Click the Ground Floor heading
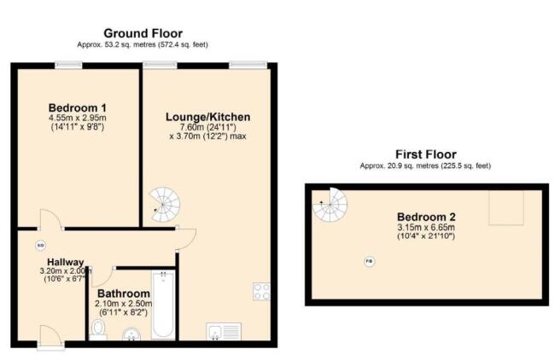tap(143, 33)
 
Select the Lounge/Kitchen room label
tap(209, 117)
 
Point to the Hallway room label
tap(66, 262)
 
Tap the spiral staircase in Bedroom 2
tap(331, 206)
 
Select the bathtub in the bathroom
tap(163, 304)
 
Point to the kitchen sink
tap(224, 330)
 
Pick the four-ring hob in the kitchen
tap(261, 293)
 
